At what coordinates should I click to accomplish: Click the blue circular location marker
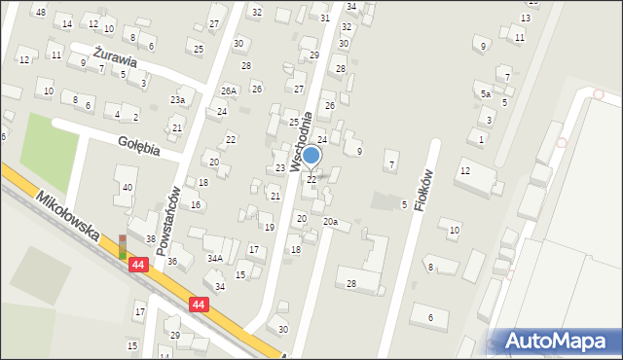[x=311, y=155]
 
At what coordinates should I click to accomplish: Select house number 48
[x=40, y=12]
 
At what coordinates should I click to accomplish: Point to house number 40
[x=128, y=187]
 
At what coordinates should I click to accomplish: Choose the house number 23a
[x=177, y=100]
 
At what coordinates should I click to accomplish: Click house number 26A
[x=228, y=90]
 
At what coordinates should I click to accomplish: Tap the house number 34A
[x=214, y=258]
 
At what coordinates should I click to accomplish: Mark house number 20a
[x=330, y=222]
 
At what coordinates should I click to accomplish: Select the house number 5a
[x=485, y=93]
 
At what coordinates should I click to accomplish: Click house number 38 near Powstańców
[x=151, y=239]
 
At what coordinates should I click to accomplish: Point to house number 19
[x=269, y=227]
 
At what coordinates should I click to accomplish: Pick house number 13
[x=526, y=18]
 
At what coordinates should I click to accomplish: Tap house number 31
[x=325, y=18]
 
